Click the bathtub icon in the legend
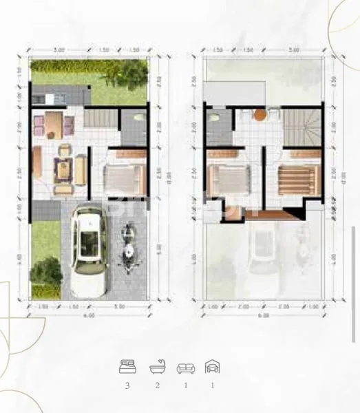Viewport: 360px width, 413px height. (157, 367)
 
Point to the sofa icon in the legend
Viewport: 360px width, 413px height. (185, 367)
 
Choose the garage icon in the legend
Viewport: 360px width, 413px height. (213, 367)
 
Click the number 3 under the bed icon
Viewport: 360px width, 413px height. (127, 385)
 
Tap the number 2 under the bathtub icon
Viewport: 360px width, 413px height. (157, 385)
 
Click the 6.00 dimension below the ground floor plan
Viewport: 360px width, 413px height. (89, 315)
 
